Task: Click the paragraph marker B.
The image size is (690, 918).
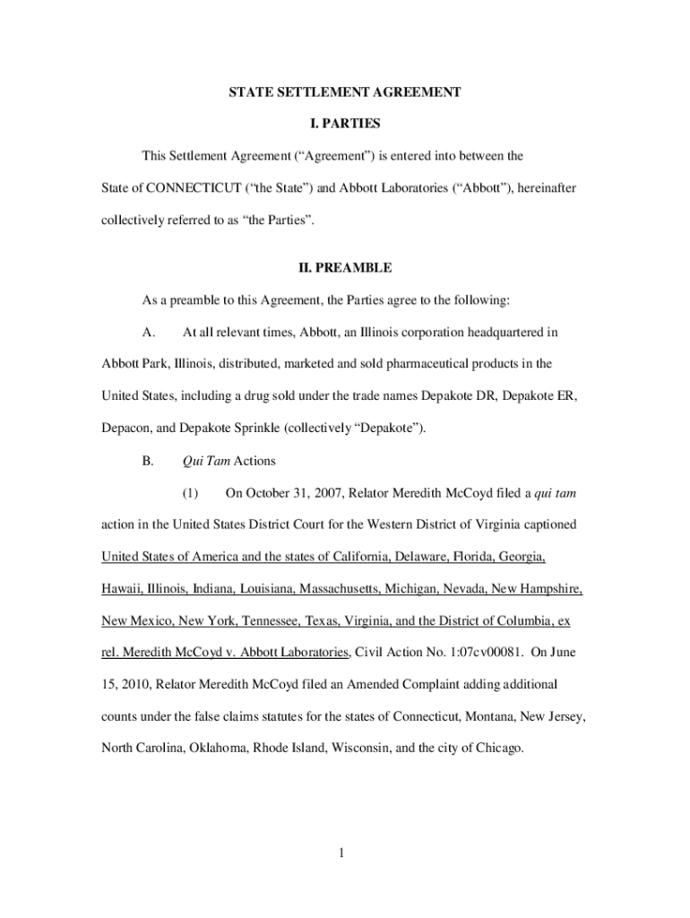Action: pos(149,462)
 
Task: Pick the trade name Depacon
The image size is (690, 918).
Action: pos(125,429)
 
